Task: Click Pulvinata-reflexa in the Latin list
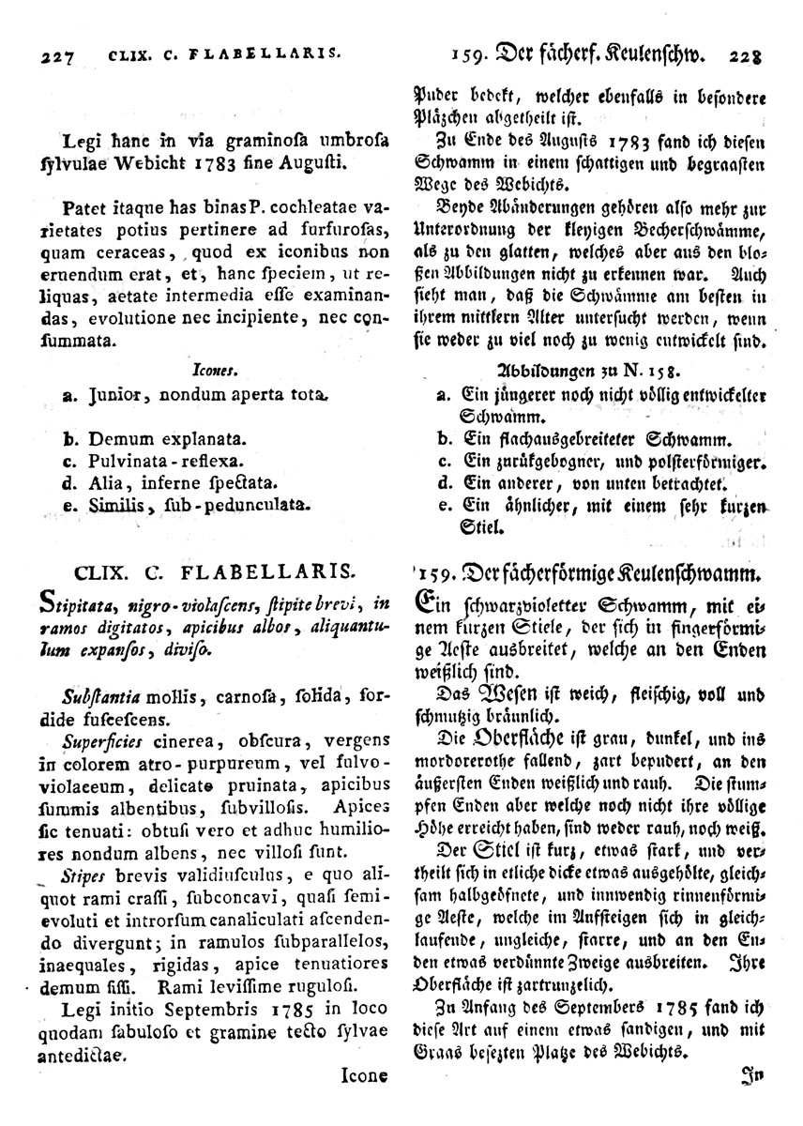[x=166, y=462]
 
